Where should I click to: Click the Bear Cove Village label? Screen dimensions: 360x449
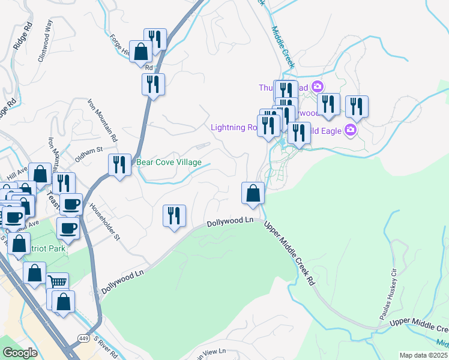tap(169, 162)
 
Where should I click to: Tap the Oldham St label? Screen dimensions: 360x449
tap(89, 150)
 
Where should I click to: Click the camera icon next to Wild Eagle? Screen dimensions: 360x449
tap(351, 130)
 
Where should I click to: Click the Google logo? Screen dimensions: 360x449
tap(20, 353)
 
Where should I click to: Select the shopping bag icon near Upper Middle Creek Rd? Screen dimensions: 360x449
tap(253, 193)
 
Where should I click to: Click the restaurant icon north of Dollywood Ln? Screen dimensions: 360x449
tap(174, 215)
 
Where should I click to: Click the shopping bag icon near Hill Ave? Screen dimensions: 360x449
tap(40, 174)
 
